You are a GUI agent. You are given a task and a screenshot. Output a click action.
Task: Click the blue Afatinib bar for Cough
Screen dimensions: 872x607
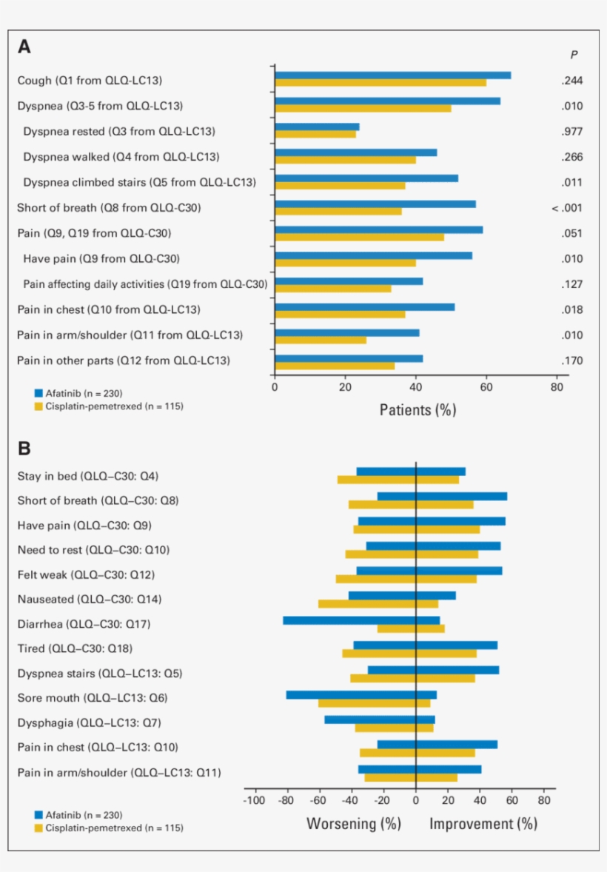tap(392, 76)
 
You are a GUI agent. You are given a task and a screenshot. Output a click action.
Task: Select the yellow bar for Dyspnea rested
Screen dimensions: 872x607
tap(315, 135)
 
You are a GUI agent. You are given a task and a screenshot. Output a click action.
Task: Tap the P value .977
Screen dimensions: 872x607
tap(571, 132)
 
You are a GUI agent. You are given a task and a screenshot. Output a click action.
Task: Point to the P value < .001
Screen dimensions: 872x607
tap(567, 208)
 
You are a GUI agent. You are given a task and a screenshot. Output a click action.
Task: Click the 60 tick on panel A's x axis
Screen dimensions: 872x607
tap(486, 386)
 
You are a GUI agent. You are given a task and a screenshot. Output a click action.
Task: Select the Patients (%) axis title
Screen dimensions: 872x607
tap(417, 409)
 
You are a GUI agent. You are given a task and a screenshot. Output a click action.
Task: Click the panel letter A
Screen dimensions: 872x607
tap(24, 47)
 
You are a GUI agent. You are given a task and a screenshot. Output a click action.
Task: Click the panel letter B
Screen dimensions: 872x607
tap(24, 449)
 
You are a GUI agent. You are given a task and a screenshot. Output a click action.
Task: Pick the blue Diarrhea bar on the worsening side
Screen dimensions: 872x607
tap(349, 620)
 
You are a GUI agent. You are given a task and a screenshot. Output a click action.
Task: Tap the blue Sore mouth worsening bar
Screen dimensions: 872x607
tap(351, 694)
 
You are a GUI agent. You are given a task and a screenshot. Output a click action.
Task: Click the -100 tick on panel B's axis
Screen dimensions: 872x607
tap(254, 800)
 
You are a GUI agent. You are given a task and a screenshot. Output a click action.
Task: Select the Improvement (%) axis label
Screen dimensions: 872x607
tap(483, 824)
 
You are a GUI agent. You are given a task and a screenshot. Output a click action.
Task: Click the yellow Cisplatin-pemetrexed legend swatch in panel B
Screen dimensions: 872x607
tap(38, 828)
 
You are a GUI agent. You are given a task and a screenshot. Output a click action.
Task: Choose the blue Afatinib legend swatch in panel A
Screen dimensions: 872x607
tap(38, 393)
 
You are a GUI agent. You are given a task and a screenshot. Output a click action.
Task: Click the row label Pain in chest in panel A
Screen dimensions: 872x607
tap(109, 309)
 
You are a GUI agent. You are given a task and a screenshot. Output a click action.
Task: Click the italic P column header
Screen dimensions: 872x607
tap(574, 54)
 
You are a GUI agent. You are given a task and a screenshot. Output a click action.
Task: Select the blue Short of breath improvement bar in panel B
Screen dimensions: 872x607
tap(461, 497)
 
